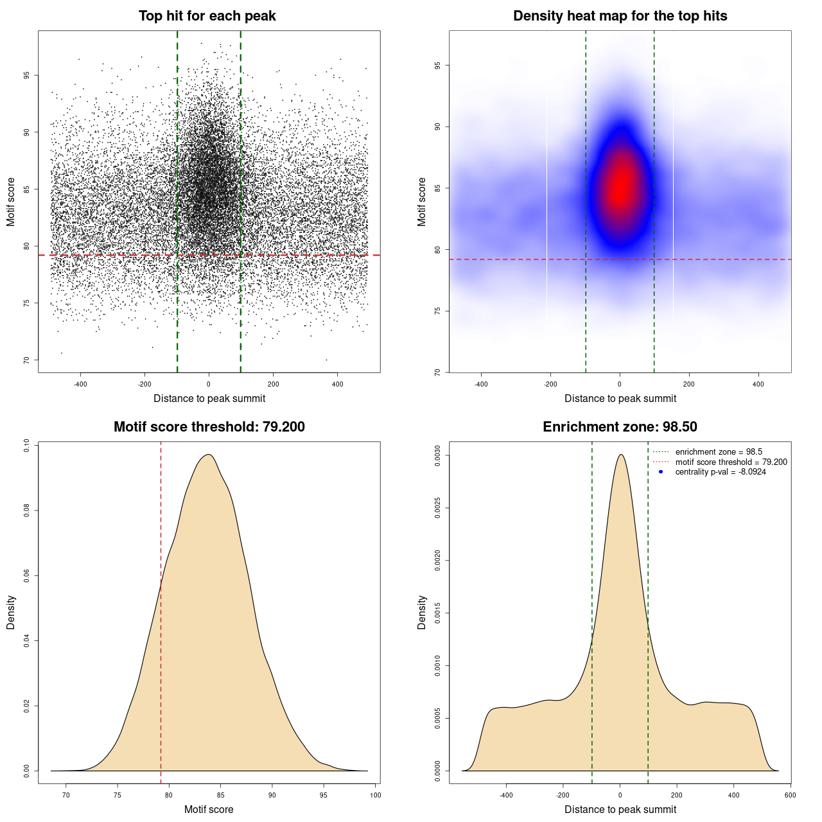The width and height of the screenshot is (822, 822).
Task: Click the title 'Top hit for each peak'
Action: click(207, 16)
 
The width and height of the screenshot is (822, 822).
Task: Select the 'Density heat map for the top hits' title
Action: click(620, 16)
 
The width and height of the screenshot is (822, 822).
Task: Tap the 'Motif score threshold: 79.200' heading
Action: click(209, 427)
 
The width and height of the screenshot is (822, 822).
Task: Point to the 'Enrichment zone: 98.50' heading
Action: click(620, 427)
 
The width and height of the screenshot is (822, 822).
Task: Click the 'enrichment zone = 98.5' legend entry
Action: click(719, 452)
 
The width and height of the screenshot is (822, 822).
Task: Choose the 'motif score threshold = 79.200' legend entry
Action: click(731, 462)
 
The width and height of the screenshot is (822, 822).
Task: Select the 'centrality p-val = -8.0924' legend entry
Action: click(721, 472)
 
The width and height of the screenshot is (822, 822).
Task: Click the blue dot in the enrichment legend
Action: click(661, 472)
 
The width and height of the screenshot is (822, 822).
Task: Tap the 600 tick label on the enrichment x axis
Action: click(790, 795)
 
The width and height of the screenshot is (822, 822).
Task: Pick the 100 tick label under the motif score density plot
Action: click(376, 795)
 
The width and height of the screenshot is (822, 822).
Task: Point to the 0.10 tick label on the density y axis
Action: click(26, 446)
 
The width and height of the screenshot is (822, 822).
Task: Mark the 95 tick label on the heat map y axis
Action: click(437, 66)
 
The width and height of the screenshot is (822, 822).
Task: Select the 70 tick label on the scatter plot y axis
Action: click(26, 360)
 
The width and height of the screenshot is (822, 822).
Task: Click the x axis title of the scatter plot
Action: click(209, 399)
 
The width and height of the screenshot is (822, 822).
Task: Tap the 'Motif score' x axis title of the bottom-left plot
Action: click(209, 810)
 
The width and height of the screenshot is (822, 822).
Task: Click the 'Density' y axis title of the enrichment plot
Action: click(422, 612)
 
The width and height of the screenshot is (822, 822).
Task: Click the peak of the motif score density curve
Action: click(208, 455)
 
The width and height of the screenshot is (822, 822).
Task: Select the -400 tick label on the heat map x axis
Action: click(481, 384)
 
